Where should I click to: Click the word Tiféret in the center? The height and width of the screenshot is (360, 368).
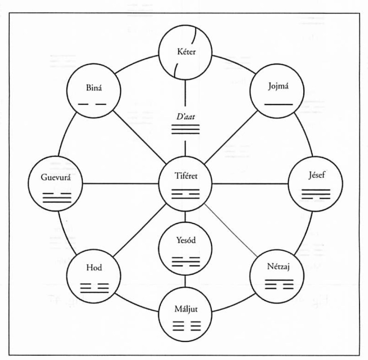[185, 176]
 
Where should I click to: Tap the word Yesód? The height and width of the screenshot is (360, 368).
[185, 241]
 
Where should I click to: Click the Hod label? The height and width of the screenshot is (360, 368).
[94, 268]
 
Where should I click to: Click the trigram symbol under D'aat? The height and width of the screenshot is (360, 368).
[185, 129]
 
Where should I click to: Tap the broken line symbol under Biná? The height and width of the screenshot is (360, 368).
[92, 104]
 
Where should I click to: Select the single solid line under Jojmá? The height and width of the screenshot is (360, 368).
[279, 104]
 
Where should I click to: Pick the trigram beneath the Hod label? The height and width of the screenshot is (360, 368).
[94, 288]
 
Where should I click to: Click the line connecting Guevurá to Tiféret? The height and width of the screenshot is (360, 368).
[121, 184]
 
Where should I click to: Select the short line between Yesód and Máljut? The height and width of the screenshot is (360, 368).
[185, 281]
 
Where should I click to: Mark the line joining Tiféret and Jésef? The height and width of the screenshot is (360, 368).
[250, 184]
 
